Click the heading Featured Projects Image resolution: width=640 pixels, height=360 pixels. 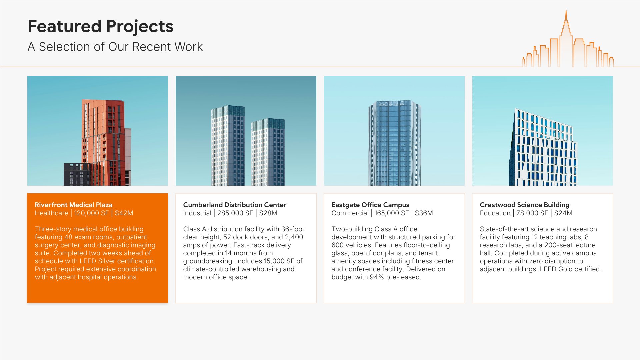point(100,27)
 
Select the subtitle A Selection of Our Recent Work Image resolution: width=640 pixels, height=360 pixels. point(115,47)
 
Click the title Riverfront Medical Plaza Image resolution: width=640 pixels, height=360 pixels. point(74,205)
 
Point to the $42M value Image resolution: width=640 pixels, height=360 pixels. point(124,213)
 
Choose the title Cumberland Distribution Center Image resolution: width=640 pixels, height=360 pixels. point(235,205)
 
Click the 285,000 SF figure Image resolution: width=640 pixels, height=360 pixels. point(235,213)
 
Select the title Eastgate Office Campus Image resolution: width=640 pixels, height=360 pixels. point(370,205)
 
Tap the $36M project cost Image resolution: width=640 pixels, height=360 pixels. point(424,213)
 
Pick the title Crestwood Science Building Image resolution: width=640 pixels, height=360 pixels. point(525,205)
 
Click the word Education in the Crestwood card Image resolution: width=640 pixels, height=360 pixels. point(495,213)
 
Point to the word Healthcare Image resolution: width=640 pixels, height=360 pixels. point(51,213)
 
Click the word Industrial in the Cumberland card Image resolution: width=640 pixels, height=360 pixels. point(197,213)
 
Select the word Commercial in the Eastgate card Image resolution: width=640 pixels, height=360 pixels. point(350,213)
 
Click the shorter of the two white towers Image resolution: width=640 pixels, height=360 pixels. point(268,152)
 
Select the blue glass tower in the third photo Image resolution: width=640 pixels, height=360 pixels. point(395,143)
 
